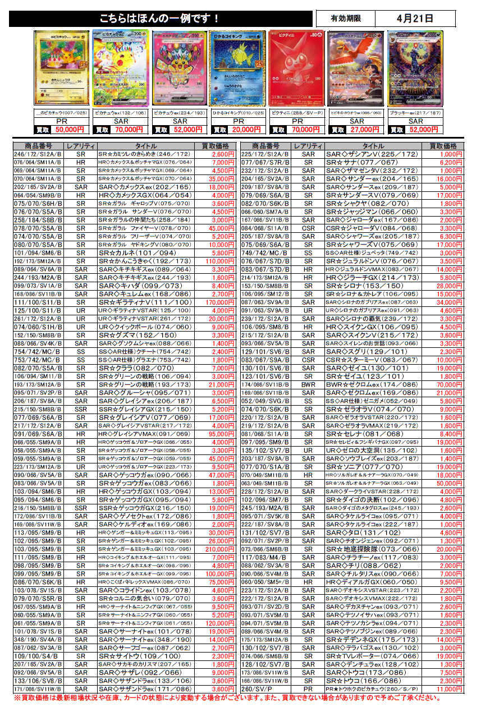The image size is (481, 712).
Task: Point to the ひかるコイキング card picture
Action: pyautogui.click(x=239, y=68)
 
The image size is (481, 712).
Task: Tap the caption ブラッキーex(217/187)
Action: pyautogui.click(x=416, y=113)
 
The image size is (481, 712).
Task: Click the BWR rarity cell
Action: pyautogui.click(x=308, y=384)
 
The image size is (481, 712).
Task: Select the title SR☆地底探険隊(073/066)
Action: pyautogui.click(x=373, y=549)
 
